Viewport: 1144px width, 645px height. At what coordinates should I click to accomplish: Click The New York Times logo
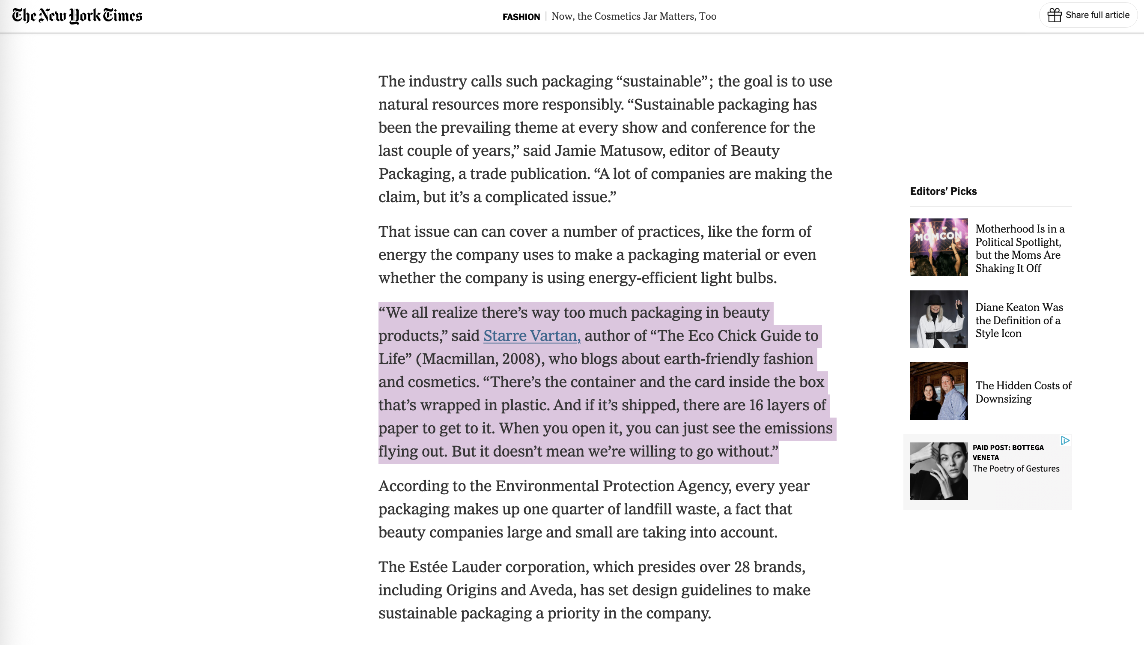click(x=77, y=15)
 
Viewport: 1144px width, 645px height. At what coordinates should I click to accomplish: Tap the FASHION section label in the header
click(x=521, y=17)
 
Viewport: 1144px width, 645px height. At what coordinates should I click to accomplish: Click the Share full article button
click(x=1097, y=15)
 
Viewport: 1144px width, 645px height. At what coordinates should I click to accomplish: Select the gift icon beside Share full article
click(x=1054, y=15)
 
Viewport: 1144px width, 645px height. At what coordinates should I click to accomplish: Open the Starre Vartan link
click(x=532, y=336)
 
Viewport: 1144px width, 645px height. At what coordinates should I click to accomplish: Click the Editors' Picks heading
click(x=943, y=191)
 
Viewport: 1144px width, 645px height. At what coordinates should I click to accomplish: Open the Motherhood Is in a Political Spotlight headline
click(x=1020, y=248)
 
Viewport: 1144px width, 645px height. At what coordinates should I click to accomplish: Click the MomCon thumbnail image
click(x=939, y=248)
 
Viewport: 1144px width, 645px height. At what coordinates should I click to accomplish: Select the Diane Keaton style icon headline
click(x=1019, y=320)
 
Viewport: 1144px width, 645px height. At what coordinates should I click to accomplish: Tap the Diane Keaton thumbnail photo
click(x=939, y=320)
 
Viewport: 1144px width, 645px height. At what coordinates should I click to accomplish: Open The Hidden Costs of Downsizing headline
click(x=1023, y=392)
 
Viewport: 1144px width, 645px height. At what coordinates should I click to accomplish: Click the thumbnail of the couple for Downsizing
click(x=939, y=391)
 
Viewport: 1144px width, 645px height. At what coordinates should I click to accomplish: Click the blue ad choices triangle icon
click(x=1065, y=441)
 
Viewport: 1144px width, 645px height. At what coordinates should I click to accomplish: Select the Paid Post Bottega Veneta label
click(x=1008, y=452)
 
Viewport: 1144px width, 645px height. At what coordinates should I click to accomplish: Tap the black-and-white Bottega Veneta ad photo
click(x=939, y=471)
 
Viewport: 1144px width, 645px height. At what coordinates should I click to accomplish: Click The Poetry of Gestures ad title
click(x=1016, y=469)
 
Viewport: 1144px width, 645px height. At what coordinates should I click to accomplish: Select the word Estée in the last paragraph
click(x=428, y=567)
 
